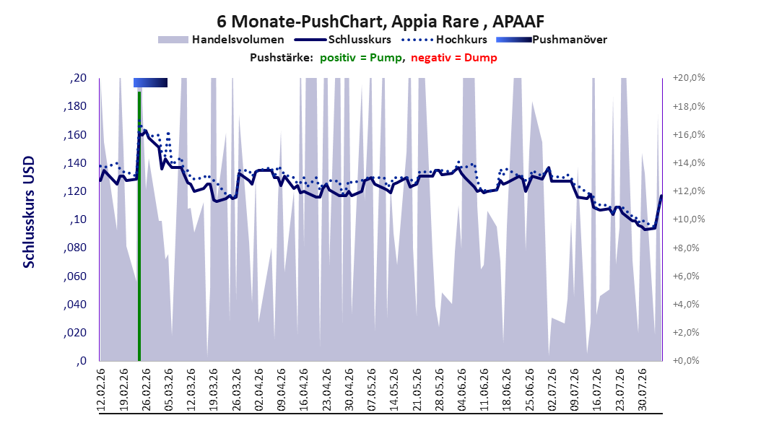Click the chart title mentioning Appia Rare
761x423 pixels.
(x=380, y=22)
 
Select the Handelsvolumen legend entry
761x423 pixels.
(x=222, y=40)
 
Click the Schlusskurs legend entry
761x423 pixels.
(x=343, y=40)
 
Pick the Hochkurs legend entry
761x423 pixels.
(x=444, y=40)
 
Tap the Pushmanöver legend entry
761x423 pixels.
(x=552, y=40)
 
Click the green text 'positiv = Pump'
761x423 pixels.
(x=360, y=58)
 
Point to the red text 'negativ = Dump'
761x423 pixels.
(x=454, y=58)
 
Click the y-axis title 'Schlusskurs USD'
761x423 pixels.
(x=29, y=212)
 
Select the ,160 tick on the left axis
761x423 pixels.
(x=75, y=134)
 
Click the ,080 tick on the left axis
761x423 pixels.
(x=75, y=248)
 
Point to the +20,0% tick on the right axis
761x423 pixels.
(x=689, y=78)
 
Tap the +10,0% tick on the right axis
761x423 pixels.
(x=689, y=219)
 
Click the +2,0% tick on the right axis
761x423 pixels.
(x=686, y=332)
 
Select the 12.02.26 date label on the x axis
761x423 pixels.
(x=101, y=390)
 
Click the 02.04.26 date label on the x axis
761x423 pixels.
(x=259, y=390)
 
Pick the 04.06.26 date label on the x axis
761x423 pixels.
(x=462, y=390)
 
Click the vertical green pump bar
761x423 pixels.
(x=139, y=225)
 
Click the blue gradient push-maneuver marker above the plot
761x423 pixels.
(x=150, y=82)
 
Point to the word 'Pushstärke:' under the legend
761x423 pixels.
(x=282, y=58)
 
